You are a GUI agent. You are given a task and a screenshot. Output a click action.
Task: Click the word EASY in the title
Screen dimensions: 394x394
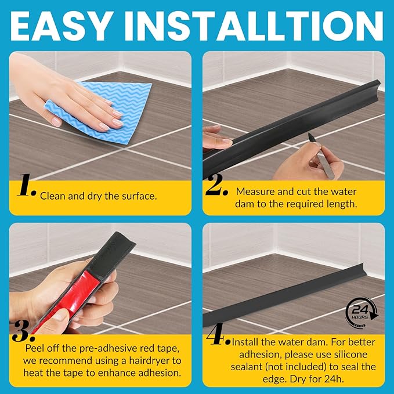point(61,26)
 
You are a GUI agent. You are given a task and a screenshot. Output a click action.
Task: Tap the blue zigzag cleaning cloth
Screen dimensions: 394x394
point(106,112)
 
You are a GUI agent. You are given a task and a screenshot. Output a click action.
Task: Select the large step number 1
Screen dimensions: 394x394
point(26,185)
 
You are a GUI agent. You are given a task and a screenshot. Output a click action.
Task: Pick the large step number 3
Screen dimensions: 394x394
point(24,331)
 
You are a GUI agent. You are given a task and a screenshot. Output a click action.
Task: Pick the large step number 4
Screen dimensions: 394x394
point(218,334)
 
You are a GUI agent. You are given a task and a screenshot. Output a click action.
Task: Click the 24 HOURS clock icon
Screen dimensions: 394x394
point(362,313)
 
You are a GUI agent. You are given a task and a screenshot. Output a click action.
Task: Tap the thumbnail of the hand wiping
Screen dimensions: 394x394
point(100,116)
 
